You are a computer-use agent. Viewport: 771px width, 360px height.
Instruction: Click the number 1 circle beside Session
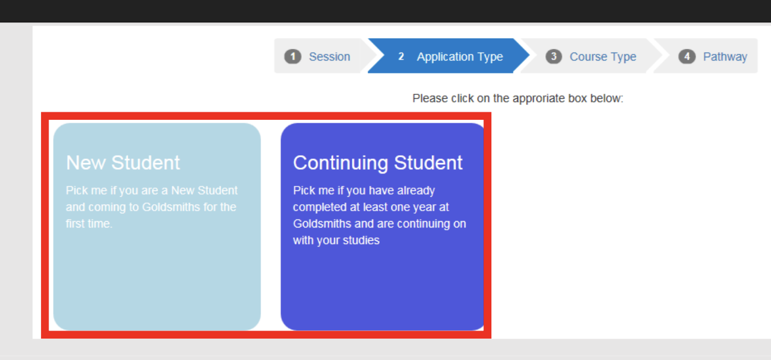[x=293, y=57]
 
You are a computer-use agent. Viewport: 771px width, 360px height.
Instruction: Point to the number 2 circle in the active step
[x=401, y=57]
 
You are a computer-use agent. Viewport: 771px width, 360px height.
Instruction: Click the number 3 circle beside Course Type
[x=554, y=57]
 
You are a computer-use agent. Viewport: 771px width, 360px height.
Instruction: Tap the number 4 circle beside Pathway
[x=687, y=57]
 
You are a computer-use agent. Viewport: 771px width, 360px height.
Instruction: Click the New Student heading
[x=123, y=163]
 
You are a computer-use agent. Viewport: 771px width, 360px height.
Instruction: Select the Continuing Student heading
[x=377, y=163]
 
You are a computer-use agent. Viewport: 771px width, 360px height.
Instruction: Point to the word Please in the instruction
[x=430, y=98]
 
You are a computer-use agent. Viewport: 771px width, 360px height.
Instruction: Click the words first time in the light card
[x=89, y=223]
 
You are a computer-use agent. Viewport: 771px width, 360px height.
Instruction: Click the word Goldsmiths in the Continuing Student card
[x=321, y=223]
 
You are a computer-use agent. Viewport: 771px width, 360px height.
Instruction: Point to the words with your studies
[x=336, y=240]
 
